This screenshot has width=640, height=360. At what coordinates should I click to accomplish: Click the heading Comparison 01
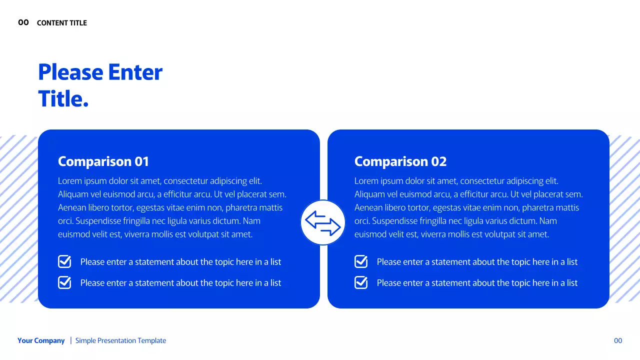point(103,161)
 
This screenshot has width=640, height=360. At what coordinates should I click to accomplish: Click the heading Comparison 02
point(400,161)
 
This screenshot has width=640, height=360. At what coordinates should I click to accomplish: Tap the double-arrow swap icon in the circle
point(323,223)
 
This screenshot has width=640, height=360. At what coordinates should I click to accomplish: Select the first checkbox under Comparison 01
point(65,261)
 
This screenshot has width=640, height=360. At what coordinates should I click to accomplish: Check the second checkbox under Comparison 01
point(65,282)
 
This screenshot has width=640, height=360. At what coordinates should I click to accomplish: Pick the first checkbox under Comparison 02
point(361,261)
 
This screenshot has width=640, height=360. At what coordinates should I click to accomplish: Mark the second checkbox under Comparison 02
point(361,282)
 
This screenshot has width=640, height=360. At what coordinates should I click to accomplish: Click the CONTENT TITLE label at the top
point(62,23)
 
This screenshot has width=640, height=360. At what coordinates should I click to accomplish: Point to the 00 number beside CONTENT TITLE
point(23,22)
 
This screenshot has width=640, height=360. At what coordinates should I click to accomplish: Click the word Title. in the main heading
point(63,98)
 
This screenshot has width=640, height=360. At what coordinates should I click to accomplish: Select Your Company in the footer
point(41,340)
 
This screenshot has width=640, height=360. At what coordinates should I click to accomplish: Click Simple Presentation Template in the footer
point(120,340)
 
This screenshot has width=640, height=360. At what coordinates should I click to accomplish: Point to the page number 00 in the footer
point(618,340)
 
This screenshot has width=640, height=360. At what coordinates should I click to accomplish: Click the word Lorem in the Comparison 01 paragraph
point(69,181)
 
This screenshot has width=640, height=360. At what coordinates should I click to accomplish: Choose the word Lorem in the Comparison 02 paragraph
point(366,181)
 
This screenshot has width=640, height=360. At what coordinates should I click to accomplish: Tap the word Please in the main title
point(70,72)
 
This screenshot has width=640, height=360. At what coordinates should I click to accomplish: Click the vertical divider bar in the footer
point(70,340)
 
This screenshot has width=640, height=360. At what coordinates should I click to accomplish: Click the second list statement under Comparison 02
point(477,282)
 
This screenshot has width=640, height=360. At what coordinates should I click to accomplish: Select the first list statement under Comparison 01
point(180,261)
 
